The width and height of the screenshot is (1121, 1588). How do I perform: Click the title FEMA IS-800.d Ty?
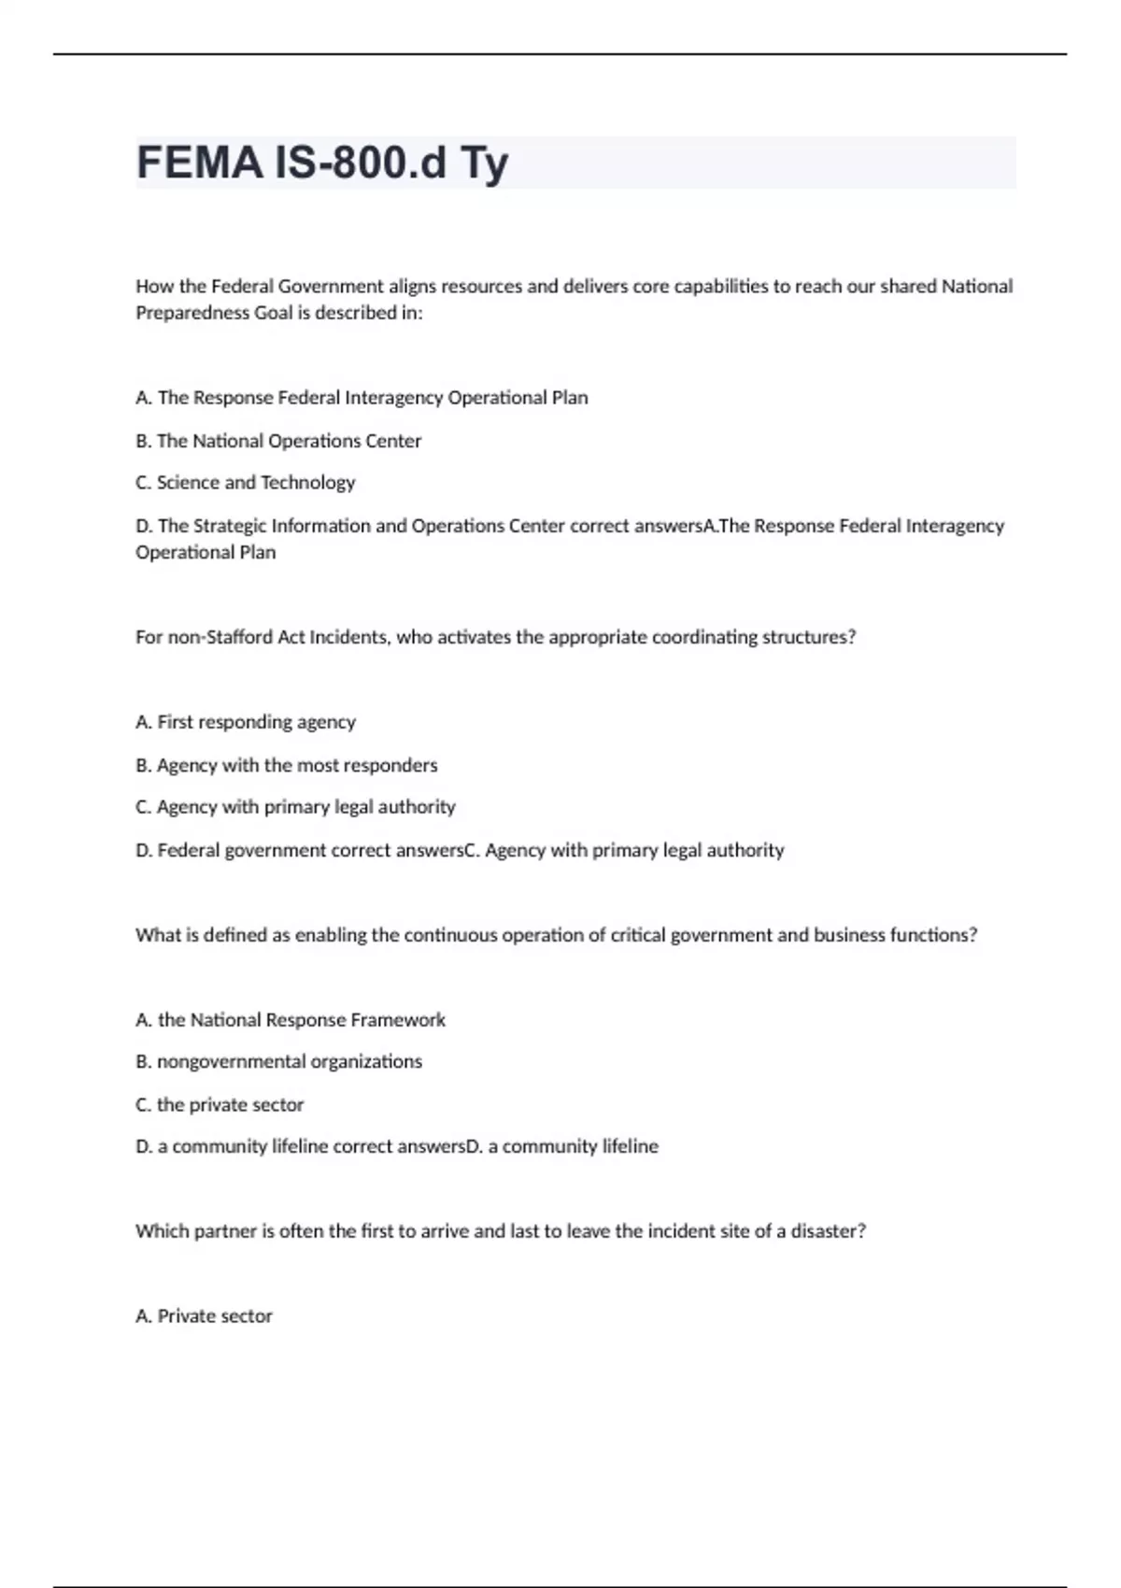click(322, 163)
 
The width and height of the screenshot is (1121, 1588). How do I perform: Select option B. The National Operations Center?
click(278, 441)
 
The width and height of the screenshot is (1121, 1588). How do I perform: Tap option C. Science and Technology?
click(246, 483)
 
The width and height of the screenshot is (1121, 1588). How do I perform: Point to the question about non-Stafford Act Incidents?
click(495, 637)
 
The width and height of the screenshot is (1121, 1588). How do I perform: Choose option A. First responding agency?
click(246, 722)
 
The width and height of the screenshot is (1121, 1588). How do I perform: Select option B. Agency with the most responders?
click(286, 765)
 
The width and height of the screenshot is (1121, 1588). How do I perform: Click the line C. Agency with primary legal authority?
click(295, 807)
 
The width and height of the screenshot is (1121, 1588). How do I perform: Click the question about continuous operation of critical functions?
click(556, 935)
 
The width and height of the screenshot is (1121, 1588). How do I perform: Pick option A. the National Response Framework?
click(291, 1020)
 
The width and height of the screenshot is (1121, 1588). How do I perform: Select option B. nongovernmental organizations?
click(278, 1062)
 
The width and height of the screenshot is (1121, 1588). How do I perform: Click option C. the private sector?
click(220, 1105)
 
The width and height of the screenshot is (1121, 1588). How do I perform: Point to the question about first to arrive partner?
click(500, 1231)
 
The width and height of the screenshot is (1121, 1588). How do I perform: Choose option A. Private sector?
click(204, 1316)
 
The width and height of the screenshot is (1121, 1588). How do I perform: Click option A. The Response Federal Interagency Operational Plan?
click(362, 398)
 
